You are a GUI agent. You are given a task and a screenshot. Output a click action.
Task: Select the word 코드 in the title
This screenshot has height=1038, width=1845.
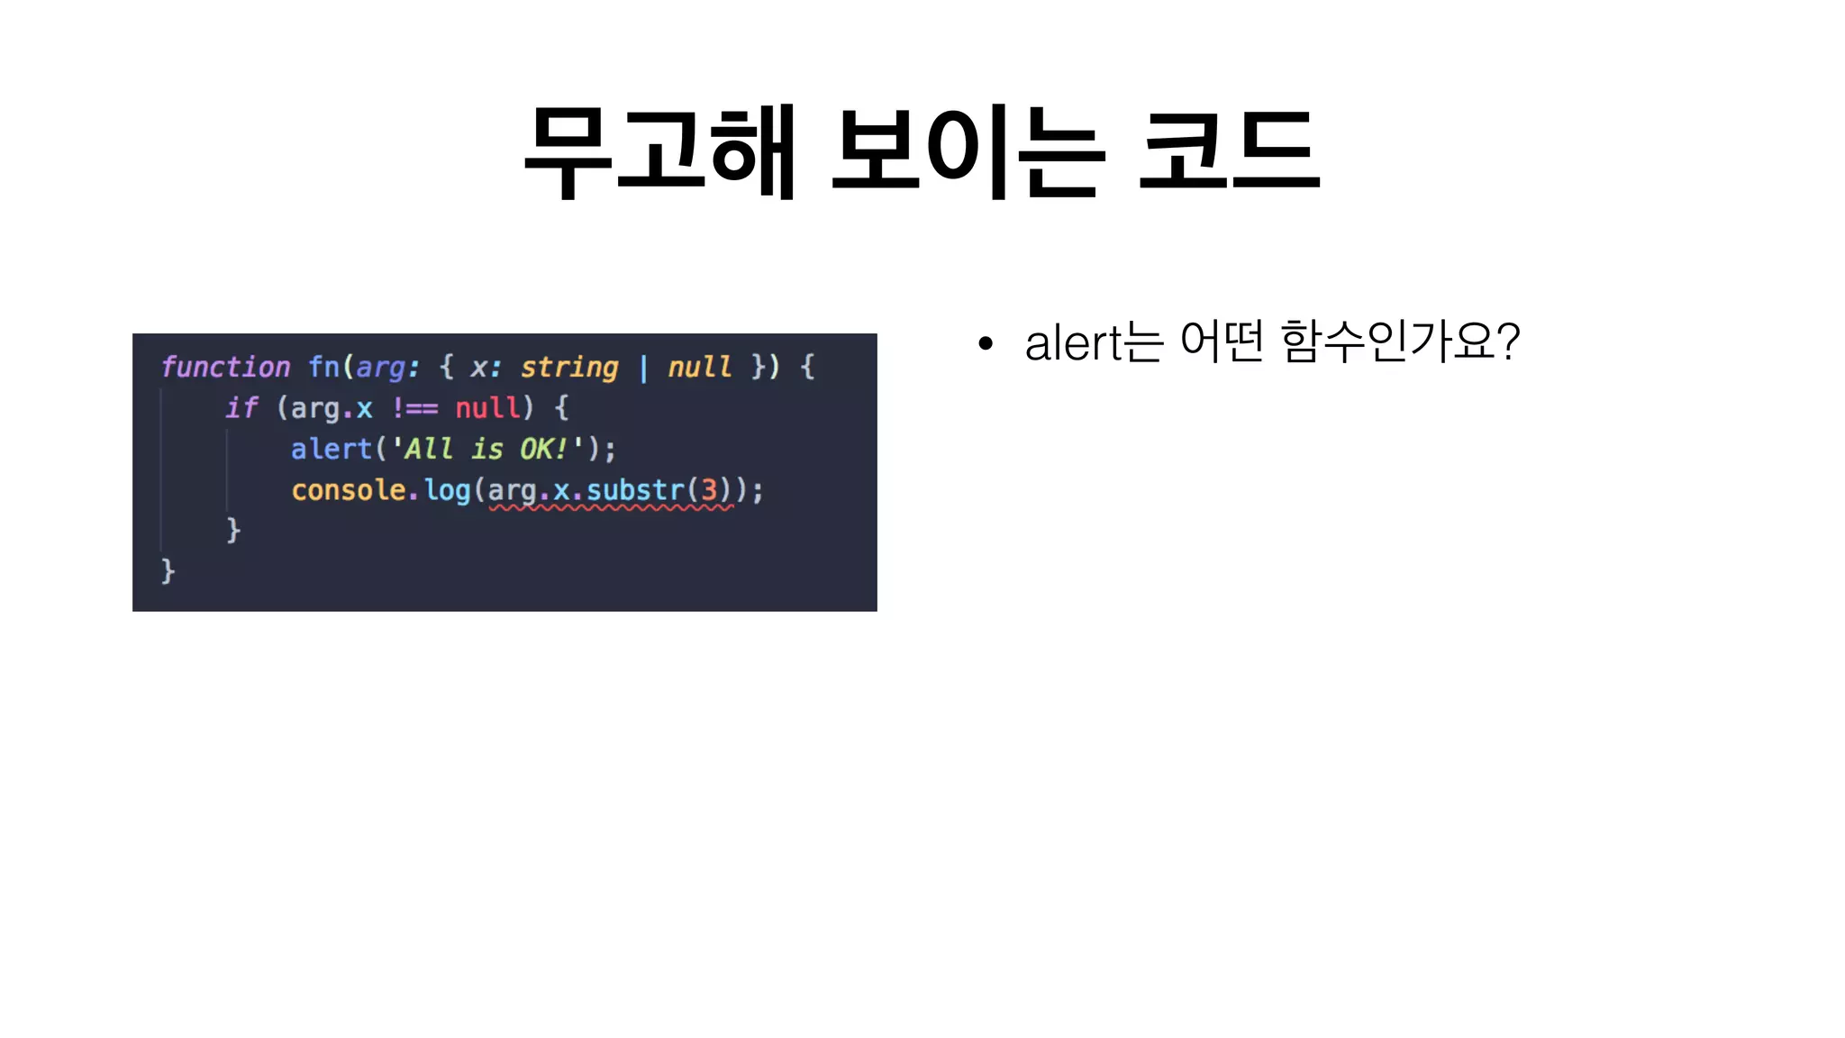click(x=1230, y=150)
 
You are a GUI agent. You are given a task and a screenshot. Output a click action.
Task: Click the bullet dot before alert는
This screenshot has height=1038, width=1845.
click(x=986, y=343)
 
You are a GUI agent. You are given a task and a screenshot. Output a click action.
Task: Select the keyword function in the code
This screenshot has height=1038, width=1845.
click(x=225, y=367)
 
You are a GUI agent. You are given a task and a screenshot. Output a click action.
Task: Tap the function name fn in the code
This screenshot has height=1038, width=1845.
click(x=323, y=367)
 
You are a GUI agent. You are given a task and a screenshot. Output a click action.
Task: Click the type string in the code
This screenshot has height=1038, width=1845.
click(x=569, y=367)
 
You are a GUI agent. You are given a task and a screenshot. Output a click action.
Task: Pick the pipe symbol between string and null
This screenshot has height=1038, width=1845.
click(x=643, y=368)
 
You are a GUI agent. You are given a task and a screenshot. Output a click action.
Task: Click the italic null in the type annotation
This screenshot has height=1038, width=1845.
click(x=699, y=367)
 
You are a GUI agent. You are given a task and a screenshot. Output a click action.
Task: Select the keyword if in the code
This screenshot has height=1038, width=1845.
click(x=241, y=408)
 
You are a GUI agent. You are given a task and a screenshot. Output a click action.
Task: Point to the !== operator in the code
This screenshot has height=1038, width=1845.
click(x=414, y=408)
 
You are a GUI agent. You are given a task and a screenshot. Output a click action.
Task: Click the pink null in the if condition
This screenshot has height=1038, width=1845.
click(x=487, y=408)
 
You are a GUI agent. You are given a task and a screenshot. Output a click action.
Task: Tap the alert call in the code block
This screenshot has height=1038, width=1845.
click(x=331, y=449)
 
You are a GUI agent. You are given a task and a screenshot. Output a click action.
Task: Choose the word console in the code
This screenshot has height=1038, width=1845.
click(x=349, y=490)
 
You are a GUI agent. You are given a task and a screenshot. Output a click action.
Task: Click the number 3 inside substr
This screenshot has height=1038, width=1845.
click(x=709, y=490)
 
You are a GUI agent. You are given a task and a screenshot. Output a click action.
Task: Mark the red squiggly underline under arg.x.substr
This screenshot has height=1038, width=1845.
click(x=612, y=509)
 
